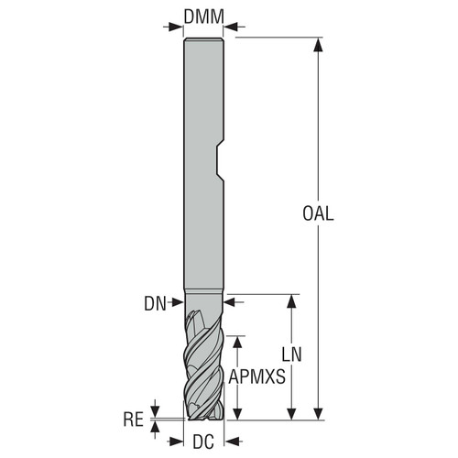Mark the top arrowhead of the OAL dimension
tap(319, 43)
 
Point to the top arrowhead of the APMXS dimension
tap(237, 339)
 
